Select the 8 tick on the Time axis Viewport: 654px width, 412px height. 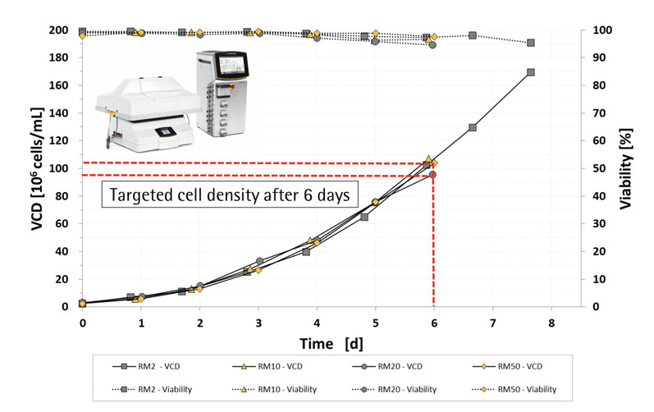click(x=551, y=323)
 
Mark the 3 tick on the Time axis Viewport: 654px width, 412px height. click(x=258, y=323)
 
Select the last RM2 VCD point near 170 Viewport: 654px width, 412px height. click(x=531, y=72)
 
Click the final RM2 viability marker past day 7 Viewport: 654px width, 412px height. click(x=531, y=43)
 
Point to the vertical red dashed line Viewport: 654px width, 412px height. click(x=433, y=246)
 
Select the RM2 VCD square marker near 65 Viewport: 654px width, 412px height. click(x=364, y=217)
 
